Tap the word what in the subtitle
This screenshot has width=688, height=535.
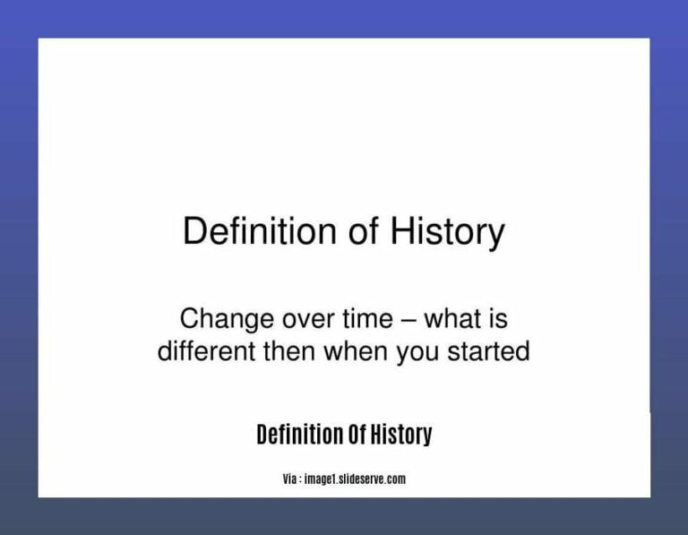tap(455, 319)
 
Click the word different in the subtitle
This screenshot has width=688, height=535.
tap(206, 351)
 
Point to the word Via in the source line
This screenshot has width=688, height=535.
tap(290, 479)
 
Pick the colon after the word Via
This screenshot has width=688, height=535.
tap(302, 480)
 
